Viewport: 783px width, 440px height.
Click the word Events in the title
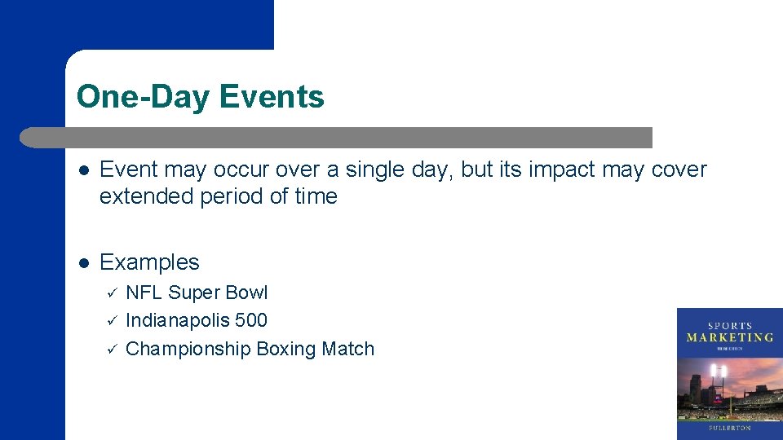point(272,97)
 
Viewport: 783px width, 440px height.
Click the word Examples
point(149,262)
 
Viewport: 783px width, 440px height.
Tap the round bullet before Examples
point(82,262)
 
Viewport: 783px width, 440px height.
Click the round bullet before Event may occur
point(82,169)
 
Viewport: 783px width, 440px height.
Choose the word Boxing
point(285,349)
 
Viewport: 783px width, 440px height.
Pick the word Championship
point(188,349)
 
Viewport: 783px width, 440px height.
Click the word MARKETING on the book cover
point(729,337)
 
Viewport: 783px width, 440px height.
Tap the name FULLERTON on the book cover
point(729,427)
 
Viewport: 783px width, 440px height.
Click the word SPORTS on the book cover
point(729,325)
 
